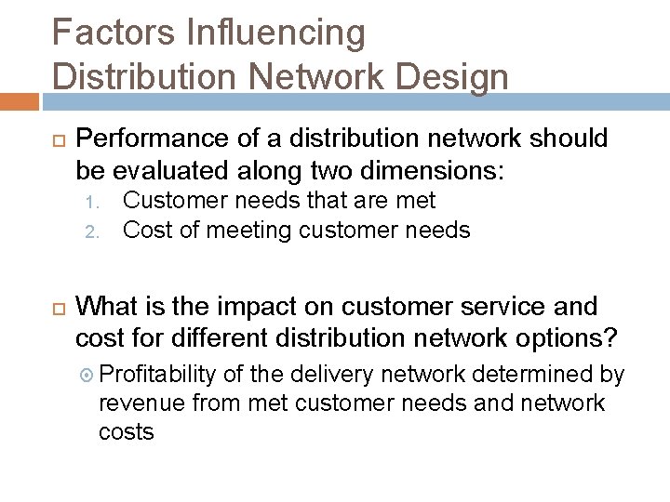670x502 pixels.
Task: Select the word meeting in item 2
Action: click(239, 230)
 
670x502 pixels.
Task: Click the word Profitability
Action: click(157, 374)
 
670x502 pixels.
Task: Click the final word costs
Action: click(126, 431)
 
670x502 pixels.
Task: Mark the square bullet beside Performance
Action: click(55, 140)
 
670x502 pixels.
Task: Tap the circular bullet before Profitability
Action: click(86, 375)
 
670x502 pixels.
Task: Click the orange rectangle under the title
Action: click(19, 101)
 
